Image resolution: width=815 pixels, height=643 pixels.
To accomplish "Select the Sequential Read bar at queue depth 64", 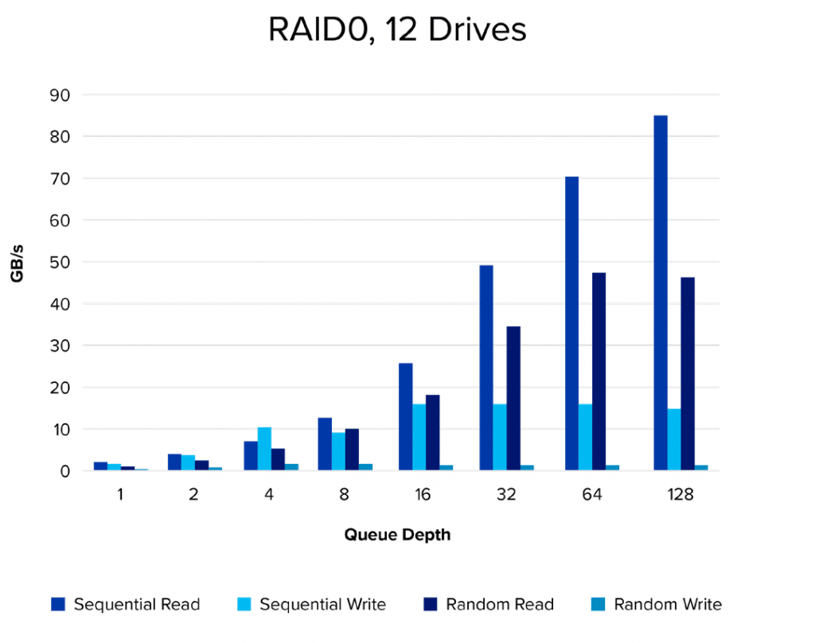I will (x=571, y=323).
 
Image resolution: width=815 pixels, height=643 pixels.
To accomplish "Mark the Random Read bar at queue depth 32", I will (x=513, y=398).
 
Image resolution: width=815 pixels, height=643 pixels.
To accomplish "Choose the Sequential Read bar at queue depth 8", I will (x=325, y=444).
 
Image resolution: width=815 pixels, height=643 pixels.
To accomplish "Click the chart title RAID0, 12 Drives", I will (x=397, y=30).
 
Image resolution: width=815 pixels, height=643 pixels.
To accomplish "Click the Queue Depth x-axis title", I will (x=397, y=535).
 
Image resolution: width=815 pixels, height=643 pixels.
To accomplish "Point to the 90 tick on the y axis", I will (x=60, y=95).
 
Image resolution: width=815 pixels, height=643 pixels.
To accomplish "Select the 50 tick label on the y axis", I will (x=60, y=262).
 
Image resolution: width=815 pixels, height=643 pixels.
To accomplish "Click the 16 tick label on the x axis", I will (x=423, y=494).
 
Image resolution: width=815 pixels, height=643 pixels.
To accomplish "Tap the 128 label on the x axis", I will (x=680, y=494).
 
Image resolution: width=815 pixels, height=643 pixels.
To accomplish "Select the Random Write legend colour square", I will (x=598, y=604).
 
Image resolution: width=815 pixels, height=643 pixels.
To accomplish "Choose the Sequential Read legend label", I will (x=137, y=604).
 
